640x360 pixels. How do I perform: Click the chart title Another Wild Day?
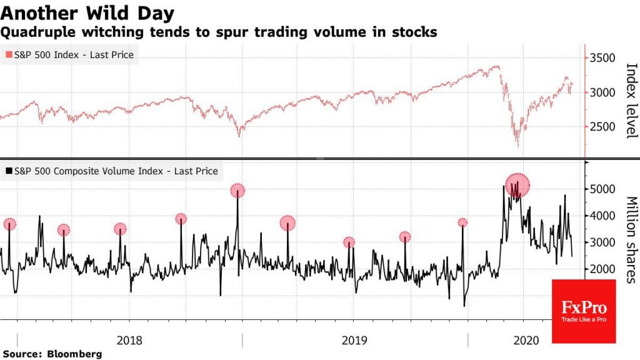click(87, 12)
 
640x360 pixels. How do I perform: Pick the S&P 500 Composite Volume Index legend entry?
click(111, 171)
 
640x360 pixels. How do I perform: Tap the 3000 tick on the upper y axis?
click(602, 92)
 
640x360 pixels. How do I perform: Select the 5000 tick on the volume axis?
click(602, 189)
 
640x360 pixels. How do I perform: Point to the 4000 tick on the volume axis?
click(602, 216)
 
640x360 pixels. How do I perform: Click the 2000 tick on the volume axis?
click(602, 269)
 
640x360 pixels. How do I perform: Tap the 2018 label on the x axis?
click(129, 341)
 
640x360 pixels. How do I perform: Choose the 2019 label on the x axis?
click(355, 341)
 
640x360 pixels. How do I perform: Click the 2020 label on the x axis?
click(525, 341)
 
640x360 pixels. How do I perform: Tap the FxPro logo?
click(584, 311)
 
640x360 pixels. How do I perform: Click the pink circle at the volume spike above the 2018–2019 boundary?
click(237, 190)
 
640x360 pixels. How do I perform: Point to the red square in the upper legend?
click(8, 55)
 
